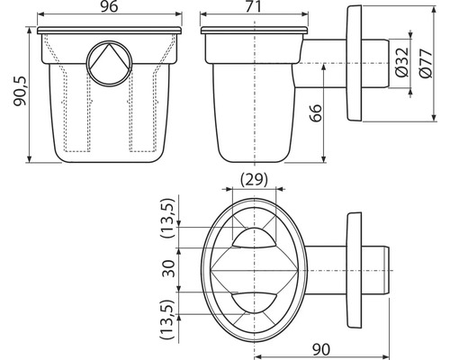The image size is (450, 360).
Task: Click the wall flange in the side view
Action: coord(353,63)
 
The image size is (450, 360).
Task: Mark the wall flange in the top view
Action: coord(353,270)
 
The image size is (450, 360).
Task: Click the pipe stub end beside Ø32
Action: coord(379,64)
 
